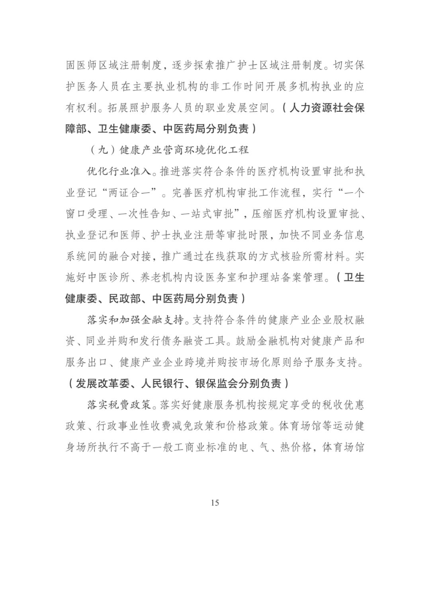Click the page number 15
click(215, 503)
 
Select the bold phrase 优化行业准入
click(119, 171)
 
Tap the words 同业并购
click(107, 341)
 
